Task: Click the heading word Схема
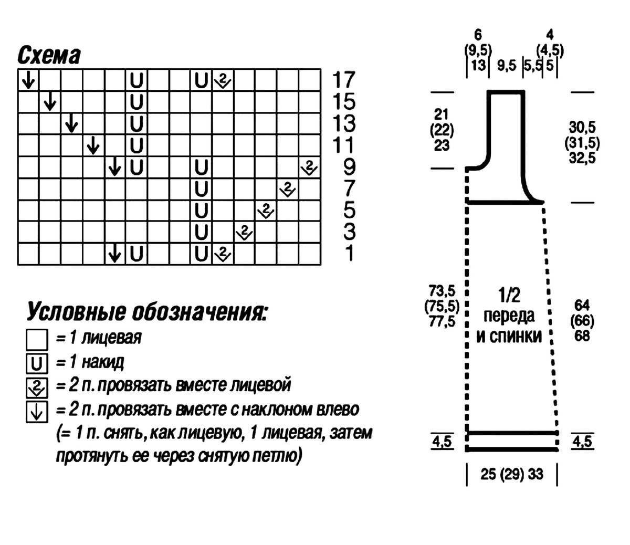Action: point(49,56)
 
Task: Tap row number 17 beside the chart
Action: point(343,80)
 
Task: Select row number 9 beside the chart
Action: point(349,167)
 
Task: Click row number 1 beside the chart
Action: point(349,253)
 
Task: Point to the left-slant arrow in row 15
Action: point(50,101)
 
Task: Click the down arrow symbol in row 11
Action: point(93,145)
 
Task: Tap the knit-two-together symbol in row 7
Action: point(287,189)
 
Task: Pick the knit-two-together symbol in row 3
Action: point(244,232)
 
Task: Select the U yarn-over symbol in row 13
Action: point(136,123)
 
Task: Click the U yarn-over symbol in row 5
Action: point(201,211)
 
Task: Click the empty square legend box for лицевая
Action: point(37,339)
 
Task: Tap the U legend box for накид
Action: point(37,363)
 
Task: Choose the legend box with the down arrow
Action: point(37,412)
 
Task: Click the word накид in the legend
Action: point(103,362)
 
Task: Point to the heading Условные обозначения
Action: point(147,311)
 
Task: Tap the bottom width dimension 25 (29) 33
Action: point(512,474)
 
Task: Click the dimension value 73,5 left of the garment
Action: point(442,290)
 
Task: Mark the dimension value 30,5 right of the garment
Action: point(582,127)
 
